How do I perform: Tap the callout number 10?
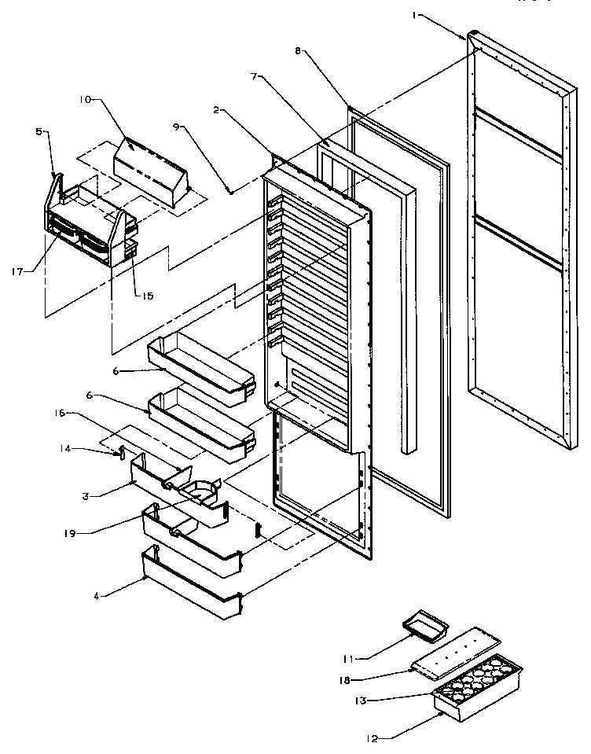pyautogui.click(x=85, y=99)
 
